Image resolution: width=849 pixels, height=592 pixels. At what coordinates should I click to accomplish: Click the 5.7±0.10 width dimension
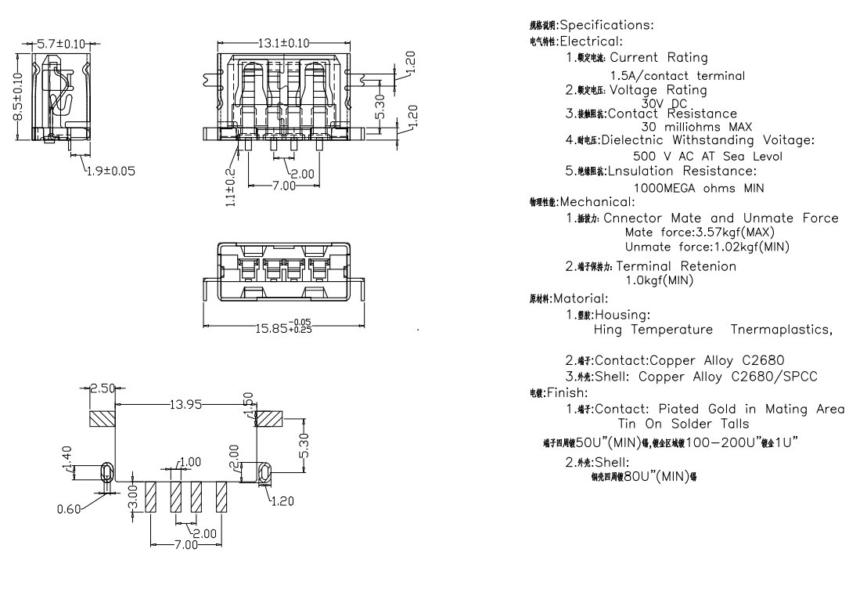pyautogui.click(x=60, y=43)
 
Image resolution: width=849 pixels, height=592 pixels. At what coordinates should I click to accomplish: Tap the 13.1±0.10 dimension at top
pyautogui.click(x=283, y=43)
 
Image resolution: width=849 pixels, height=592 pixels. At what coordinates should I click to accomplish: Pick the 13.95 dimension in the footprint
pyautogui.click(x=185, y=404)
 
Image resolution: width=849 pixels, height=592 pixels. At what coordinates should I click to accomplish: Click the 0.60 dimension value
pyautogui.click(x=70, y=509)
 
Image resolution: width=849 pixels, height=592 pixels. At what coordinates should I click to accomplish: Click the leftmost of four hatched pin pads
pyautogui.click(x=152, y=496)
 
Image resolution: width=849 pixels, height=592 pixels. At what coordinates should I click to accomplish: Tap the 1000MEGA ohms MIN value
pyautogui.click(x=699, y=188)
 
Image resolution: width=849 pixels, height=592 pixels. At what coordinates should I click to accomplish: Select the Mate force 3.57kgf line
pyautogui.click(x=700, y=233)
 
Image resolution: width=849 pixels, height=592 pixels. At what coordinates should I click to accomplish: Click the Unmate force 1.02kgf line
pyautogui.click(x=707, y=247)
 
